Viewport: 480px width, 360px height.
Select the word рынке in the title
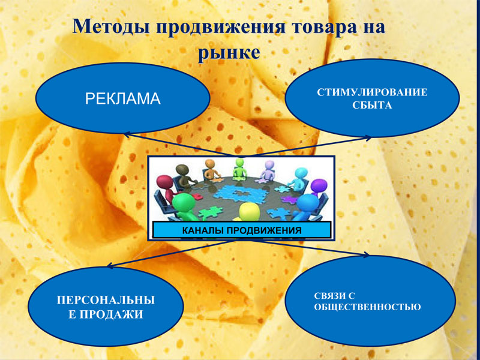[x=229, y=53]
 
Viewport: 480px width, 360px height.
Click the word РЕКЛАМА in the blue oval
[x=123, y=98]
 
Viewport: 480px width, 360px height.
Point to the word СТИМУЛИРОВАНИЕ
[x=372, y=92]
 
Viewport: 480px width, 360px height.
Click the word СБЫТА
[x=372, y=106]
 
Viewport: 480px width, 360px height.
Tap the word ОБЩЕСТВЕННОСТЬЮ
[x=367, y=307]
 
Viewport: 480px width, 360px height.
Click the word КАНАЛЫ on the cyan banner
[x=203, y=230]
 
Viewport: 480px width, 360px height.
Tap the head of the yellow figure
[x=249, y=211]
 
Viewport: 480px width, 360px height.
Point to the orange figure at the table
[x=211, y=169]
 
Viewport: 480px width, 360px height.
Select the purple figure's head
[x=319, y=186]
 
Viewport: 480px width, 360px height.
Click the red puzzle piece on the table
[x=197, y=196]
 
